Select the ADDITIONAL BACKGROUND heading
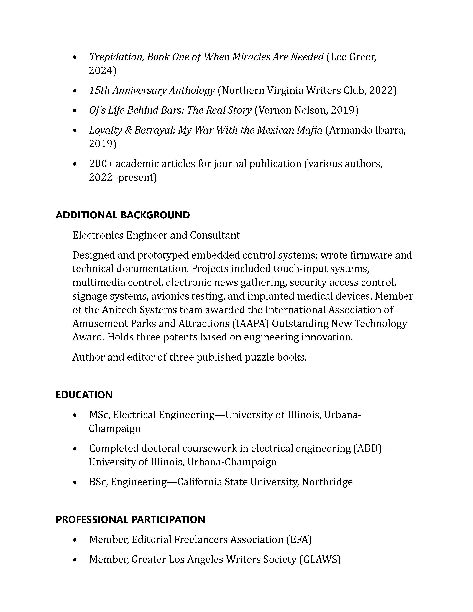coord(123,215)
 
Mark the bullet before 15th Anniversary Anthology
coord(75,91)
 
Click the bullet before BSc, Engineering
coord(75,482)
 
